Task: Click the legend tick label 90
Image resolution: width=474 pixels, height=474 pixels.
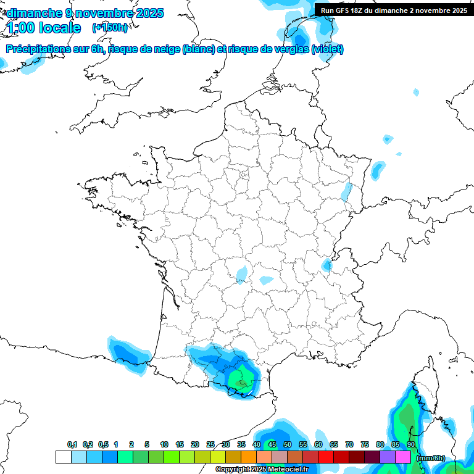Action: tap(410, 444)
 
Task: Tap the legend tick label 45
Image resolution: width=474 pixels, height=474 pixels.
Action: tap(272, 444)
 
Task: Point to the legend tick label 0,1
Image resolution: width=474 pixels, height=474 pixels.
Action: tap(72, 444)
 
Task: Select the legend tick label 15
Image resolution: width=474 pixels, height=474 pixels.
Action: tap(180, 444)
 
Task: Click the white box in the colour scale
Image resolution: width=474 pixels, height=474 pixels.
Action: tap(63, 457)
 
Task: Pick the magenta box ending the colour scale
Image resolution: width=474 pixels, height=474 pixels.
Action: tap(403, 457)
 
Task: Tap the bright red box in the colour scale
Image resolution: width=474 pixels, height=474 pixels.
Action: tap(326, 457)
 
